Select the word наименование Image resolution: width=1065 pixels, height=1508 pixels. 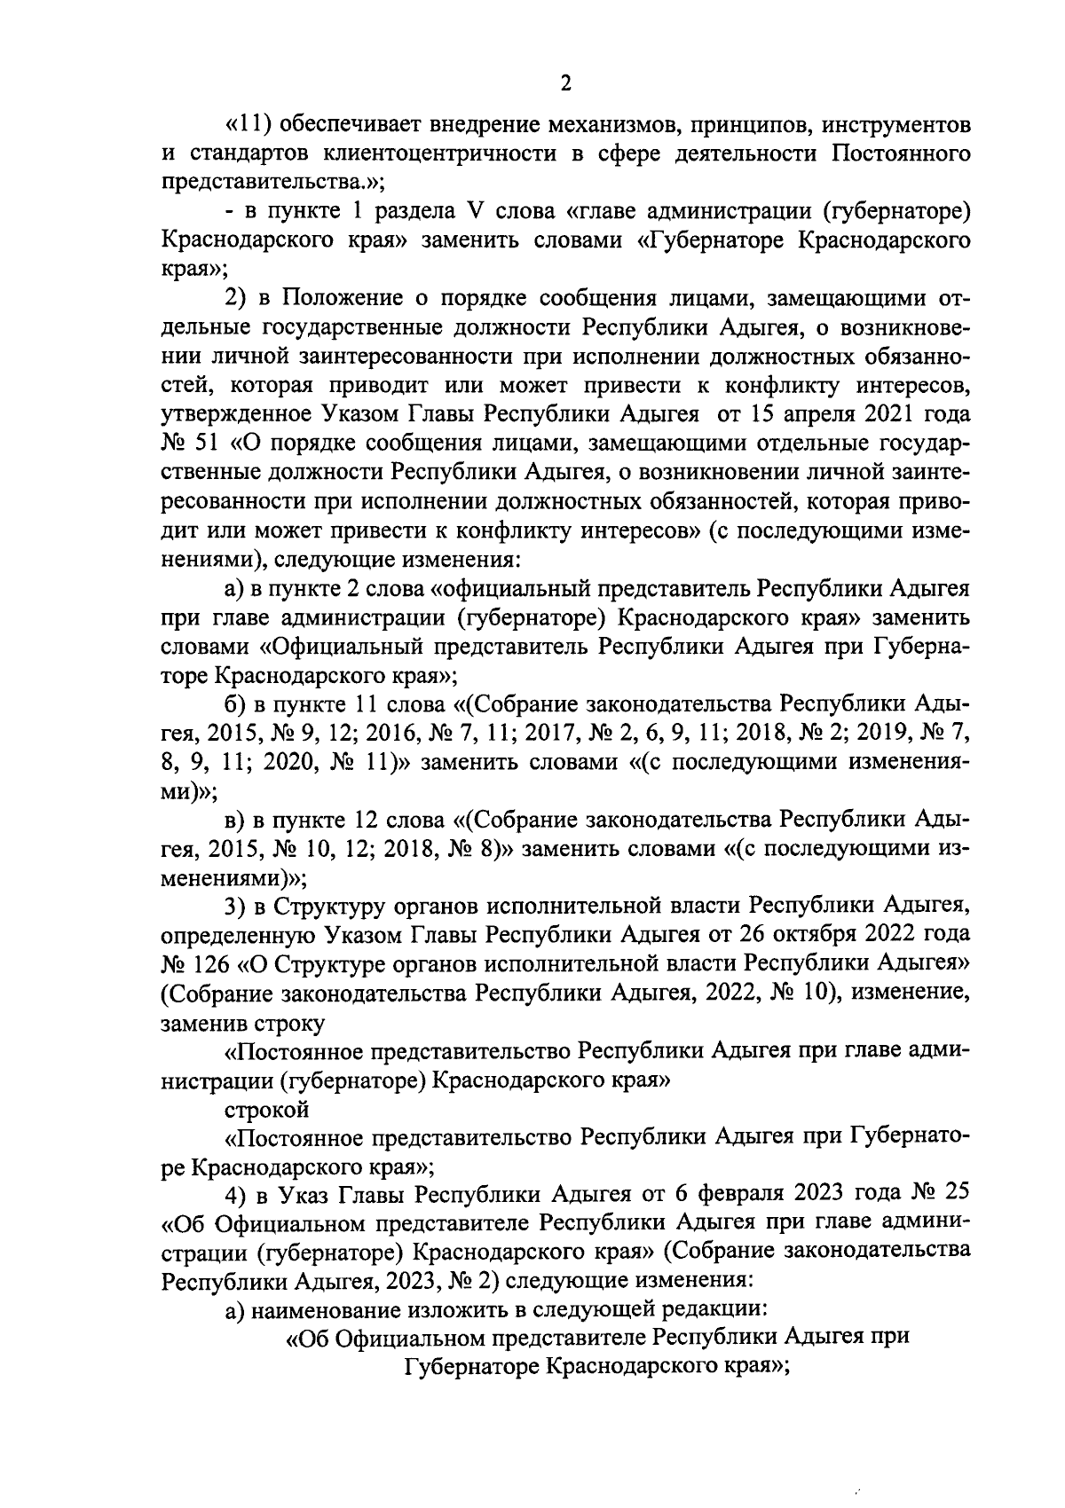[x=325, y=1308]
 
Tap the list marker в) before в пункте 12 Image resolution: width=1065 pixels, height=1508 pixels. [x=234, y=820]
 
